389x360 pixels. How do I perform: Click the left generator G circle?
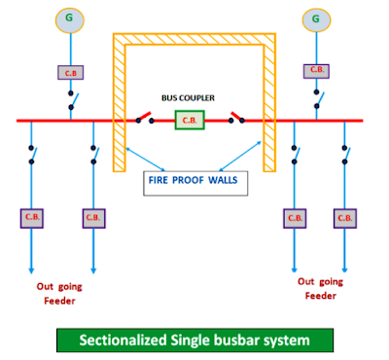68,18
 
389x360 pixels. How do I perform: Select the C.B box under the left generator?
68,72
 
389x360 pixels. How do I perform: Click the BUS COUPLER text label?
190,98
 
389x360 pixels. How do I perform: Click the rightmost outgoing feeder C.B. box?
344,215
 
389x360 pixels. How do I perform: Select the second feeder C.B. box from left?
93,215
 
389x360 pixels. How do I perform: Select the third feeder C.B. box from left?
293,215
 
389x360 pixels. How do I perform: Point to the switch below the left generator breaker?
70,100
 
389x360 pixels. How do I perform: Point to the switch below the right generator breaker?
316,100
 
